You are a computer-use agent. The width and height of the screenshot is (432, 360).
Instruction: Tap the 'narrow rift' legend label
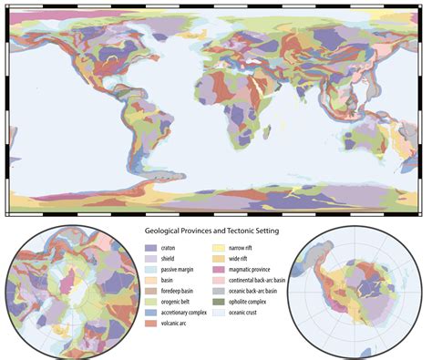pyautogui.click(x=246, y=247)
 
